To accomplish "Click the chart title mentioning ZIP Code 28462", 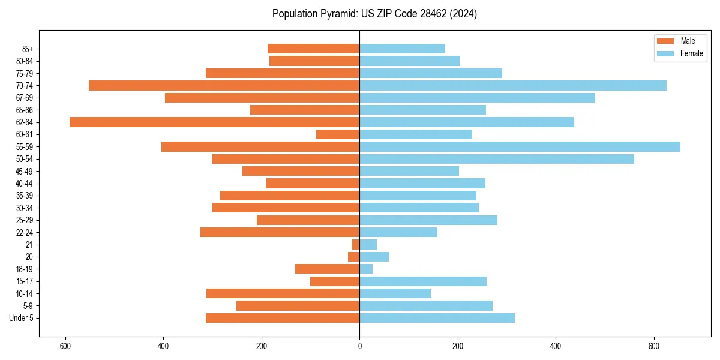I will [x=374, y=14].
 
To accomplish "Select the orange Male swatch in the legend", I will [x=665, y=41].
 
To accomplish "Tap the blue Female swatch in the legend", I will [x=665, y=53].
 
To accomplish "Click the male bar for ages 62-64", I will [x=214, y=122].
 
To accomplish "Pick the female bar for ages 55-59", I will [x=520, y=147].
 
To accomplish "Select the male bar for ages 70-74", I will [x=224, y=86].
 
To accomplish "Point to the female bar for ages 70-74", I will [x=513, y=86].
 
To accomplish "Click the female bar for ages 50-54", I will [x=497, y=159].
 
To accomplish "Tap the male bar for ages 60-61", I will [x=338, y=134].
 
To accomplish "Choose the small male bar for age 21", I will [x=356, y=245].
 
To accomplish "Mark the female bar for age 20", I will [x=374, y=257].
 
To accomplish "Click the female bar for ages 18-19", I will [x=366, y=269].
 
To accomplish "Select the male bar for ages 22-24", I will [x=280, y=232].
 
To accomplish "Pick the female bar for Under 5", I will [x=437, y=318].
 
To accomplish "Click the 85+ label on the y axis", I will [x=26, y=49].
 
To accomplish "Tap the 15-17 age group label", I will [x=25, y=281].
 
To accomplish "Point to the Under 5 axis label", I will [x=22, y=318].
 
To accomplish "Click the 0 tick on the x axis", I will [x=359, y=346].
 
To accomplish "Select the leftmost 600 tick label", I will [x=65, y=346].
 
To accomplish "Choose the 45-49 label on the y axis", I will [x=25, y=172].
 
